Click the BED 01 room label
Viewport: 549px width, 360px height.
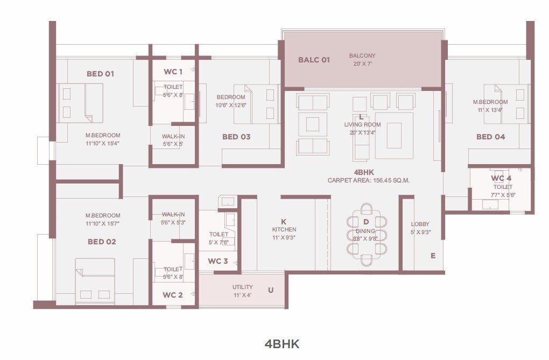pos(100,74)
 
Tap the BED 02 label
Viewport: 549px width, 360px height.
pos(102,242)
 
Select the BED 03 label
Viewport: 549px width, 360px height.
pos(236,137)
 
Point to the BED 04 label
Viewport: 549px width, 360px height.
pos(490,137)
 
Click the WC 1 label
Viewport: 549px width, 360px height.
pos(173,72)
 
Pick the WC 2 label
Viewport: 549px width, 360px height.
pos(173,295)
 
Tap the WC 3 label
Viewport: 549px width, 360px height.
pos(218,262)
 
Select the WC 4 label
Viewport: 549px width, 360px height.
pos(501,178)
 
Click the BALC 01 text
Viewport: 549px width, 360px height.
pos(314,60)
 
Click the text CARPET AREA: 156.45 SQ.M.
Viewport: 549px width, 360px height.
pos(368,181)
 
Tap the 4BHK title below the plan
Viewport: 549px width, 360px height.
pos(281,344)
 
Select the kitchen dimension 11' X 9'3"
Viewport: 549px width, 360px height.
pos(284,237)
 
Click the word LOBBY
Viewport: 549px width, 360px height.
pos(420,224)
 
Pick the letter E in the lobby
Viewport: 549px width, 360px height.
pos(433,256)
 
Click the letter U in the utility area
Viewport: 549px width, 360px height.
pos(271,291)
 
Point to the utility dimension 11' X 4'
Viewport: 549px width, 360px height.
pos(242,295)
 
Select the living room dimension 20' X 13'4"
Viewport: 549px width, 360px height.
pos(362,132)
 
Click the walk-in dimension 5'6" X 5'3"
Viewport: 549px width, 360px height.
pos(173,222)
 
